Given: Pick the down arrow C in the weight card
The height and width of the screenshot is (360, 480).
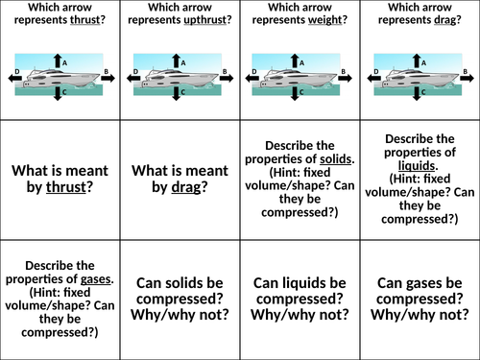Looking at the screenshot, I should [298, 93].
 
